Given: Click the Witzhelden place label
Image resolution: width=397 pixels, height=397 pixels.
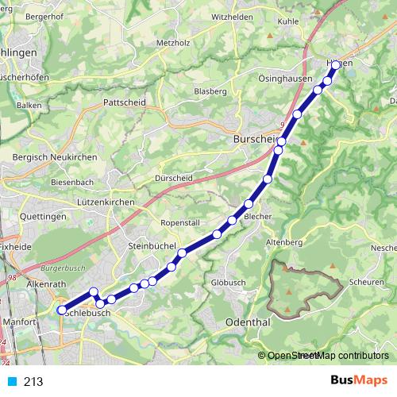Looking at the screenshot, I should [232, 16].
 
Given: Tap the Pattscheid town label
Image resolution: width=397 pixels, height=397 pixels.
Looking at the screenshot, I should [124, 102].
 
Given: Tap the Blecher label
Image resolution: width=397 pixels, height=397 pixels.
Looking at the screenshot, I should [259, 216].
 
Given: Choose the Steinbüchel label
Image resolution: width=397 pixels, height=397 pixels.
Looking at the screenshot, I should [151, 248].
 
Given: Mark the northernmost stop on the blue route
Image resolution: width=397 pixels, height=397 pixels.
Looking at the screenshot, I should [336, 65].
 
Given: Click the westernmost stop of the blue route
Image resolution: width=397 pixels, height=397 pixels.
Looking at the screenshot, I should [62, 310].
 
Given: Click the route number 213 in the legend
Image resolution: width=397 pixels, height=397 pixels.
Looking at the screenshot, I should [34, 382].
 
